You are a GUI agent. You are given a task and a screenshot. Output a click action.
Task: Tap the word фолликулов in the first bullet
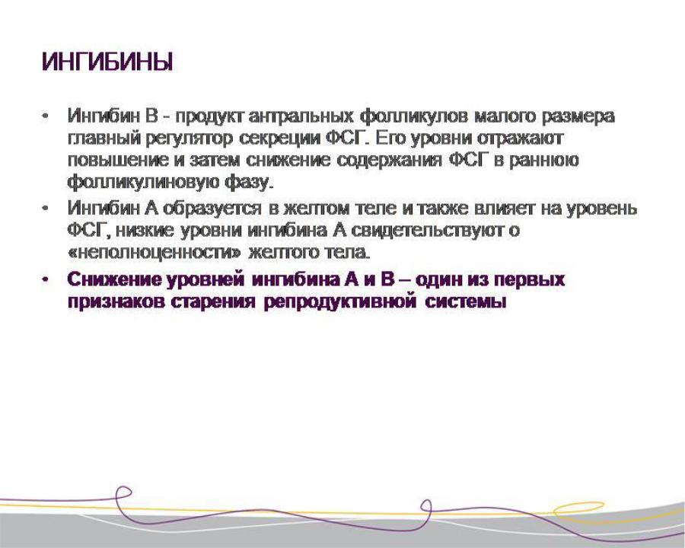point(414,116)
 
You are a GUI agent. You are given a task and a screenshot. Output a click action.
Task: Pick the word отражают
point(521,138)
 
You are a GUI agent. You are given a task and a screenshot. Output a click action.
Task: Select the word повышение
point(118,160)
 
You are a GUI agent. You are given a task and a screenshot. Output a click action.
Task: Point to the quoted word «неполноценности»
point(155,253)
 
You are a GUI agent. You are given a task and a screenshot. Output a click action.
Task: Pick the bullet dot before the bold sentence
point(44,279)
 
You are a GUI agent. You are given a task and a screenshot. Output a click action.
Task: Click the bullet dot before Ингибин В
point(44,116)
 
